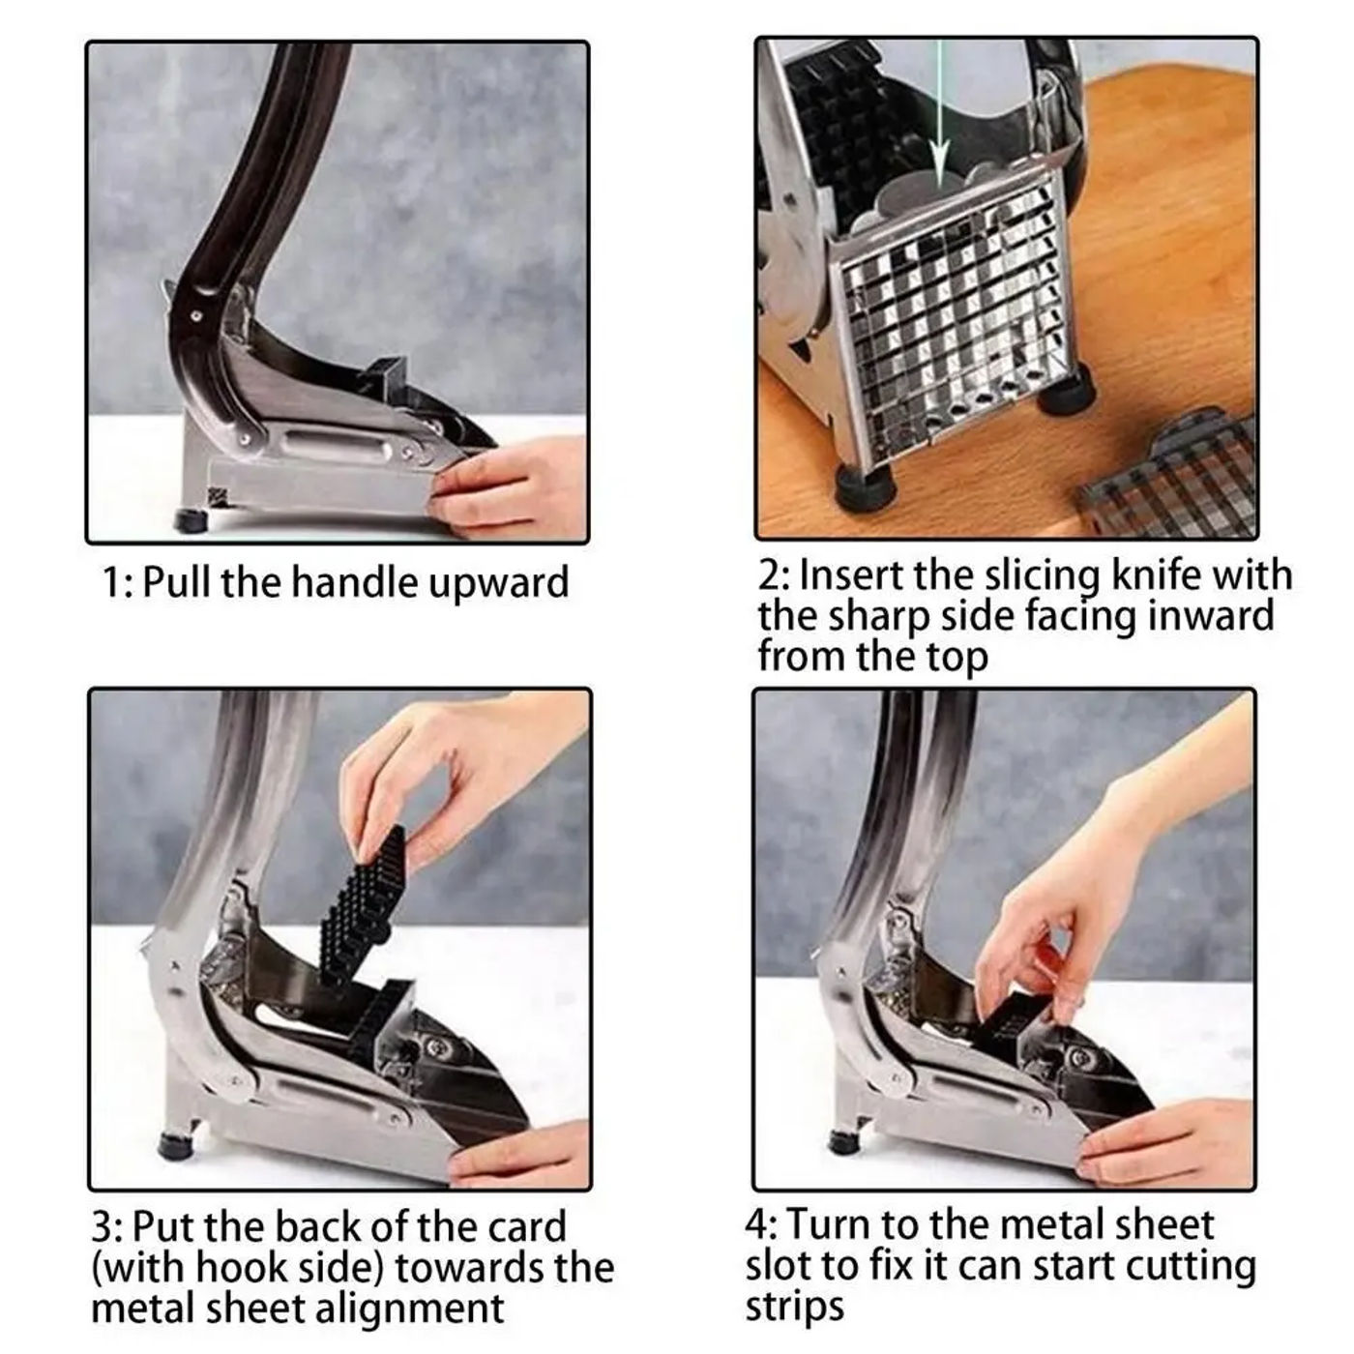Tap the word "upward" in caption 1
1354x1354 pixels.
(x=498, y=584)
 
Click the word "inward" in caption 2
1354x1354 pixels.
(x=1210, y=615)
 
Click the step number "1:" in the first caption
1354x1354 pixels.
(x=117, y=583)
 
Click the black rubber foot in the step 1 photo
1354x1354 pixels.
(x=191, y=520)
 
